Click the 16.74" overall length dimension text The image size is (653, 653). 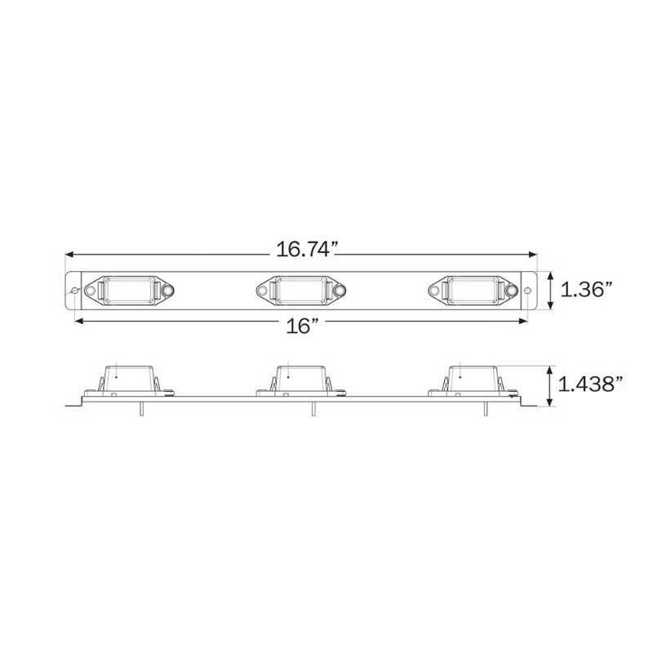(x=306, y=250)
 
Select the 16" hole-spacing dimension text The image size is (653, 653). (x=302, y=325)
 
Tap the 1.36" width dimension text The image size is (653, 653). (x=587, y=290)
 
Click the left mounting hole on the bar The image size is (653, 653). (x=75, y=291)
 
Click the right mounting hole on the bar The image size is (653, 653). (x=527, y=291)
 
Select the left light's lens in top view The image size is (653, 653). (x=129, y=291)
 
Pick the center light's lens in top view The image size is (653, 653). (x=301, y=291)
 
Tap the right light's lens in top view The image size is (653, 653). (x=473, y=291)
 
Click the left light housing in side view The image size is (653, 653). (x=129, y=380)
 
